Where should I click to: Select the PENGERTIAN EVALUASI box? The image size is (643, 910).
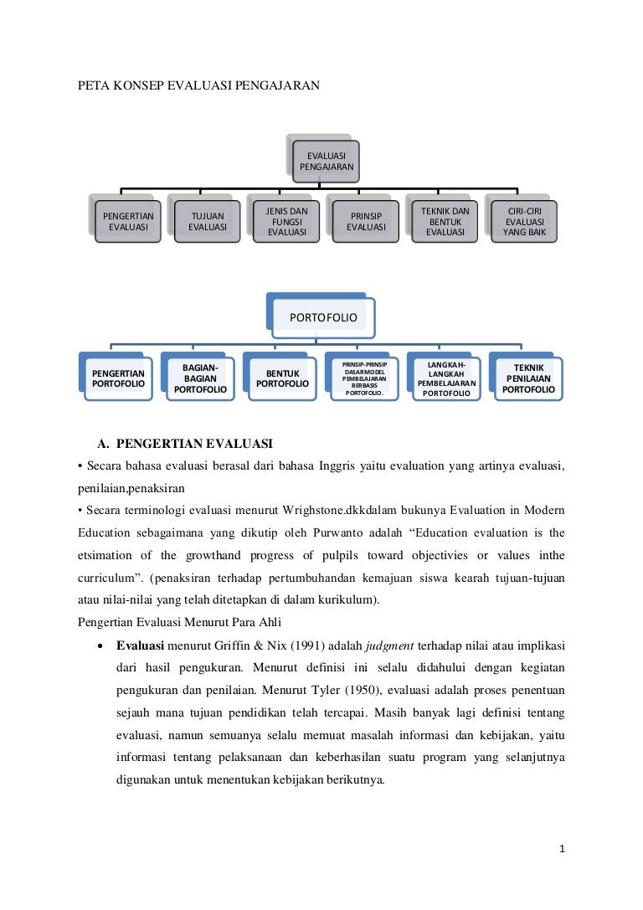coord(127,221)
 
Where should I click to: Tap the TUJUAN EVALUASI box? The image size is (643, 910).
coord(207,221)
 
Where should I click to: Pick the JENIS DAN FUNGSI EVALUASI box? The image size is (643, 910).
coord(286,221)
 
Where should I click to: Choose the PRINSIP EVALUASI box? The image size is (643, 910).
coord(366,221)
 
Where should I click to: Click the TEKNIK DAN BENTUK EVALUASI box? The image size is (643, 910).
coord(445,221)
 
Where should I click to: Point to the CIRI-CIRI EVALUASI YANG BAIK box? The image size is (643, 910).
coord(525,221)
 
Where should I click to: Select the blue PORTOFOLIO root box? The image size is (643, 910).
coord(323,318)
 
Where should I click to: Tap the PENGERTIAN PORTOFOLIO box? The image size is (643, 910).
coord(118,379)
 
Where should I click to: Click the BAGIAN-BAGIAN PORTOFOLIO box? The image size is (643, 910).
coord(200,379)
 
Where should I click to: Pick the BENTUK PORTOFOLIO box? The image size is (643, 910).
coord(282,379)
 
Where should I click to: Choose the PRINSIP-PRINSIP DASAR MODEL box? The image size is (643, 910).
coord(364,379)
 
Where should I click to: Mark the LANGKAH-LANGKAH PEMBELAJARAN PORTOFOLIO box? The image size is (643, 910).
coord(446,379)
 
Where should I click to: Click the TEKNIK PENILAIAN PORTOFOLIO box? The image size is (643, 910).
coord(528,379)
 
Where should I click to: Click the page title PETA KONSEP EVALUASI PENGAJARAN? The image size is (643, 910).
coord(198,85)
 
